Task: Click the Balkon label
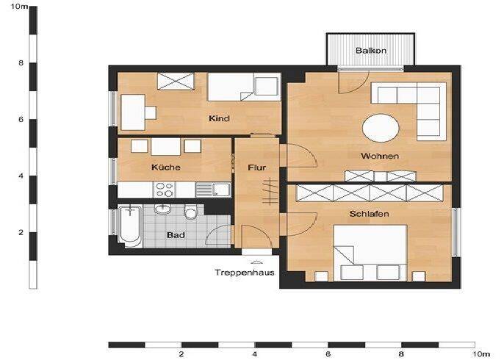371,51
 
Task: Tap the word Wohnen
380,156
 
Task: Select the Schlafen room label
369,214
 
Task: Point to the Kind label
219,118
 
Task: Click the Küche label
166,168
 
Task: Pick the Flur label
257,168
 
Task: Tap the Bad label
176,235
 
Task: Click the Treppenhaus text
245,273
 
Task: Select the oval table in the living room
381,128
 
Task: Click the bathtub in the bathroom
130,226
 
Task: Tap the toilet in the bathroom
190,212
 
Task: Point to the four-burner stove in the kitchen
165,190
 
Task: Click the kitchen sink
213,190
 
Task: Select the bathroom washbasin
162,209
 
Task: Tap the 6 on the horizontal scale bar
328,354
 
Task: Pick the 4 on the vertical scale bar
21,176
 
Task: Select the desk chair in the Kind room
151,113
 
